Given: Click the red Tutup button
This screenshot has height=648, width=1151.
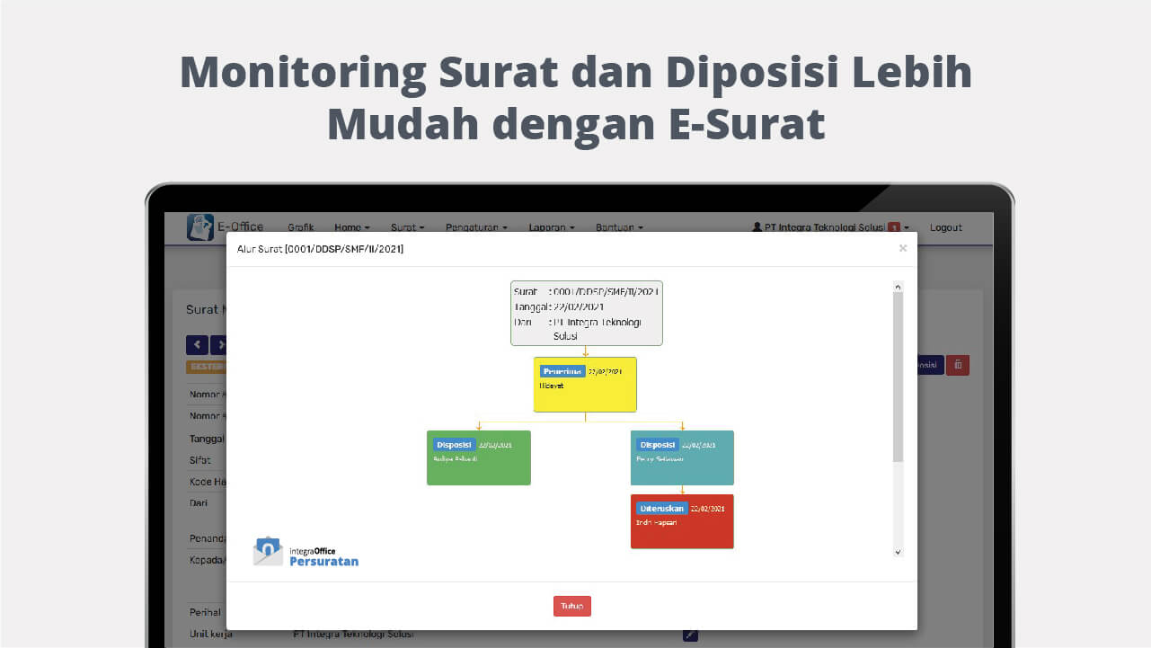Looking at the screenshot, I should coord(571,606).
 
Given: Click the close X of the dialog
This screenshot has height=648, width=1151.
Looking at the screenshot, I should coord(903,248).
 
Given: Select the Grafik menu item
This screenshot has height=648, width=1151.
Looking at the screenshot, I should coord(301,227).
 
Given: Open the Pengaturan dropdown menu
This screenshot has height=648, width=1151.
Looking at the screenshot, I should coord(476,227).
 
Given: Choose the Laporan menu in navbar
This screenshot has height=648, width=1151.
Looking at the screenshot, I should coord(552,227).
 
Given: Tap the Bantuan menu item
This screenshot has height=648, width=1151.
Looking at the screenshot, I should coord(619,227).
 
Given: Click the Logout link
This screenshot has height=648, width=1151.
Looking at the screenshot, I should coord(945,227).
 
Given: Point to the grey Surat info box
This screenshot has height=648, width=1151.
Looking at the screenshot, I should coord(586,313).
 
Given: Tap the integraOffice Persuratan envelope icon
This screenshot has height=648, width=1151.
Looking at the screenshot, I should coord(268,551).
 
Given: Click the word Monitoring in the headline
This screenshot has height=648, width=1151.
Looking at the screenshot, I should coord(302,72).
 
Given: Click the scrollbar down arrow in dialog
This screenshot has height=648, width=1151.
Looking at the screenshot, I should coord(898,551).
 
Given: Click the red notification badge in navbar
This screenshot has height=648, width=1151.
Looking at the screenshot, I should coord(894,227).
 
